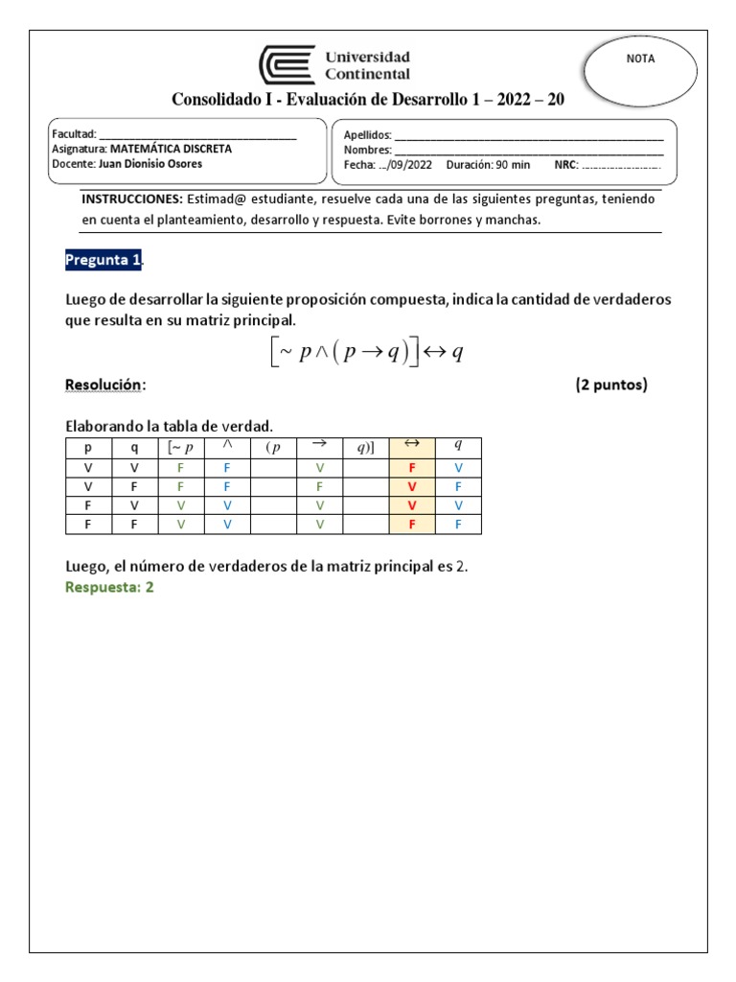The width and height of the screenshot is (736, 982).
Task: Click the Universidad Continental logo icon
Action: point(287,66)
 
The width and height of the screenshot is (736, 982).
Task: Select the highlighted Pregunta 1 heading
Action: point(103,260)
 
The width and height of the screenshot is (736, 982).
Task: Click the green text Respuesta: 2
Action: point(109,588)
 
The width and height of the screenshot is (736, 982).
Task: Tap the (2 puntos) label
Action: point(611,385)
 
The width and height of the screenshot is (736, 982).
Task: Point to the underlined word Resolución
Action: point(103,385)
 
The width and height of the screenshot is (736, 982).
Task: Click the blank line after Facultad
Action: point(197,135)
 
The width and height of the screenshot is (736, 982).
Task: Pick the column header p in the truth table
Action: point(88,448)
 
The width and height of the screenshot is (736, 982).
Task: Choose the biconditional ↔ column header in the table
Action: point(411,445)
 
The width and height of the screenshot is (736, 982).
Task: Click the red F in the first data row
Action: point(411,467)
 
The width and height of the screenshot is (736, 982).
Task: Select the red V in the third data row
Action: point(411,505)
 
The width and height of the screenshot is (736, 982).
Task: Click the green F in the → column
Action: point(320,486)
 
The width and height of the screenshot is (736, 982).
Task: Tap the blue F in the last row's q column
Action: point(458,525)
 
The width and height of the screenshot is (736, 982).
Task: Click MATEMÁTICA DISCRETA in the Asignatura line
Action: point(171,149)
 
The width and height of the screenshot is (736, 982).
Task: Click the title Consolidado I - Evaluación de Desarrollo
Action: point(367,101)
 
